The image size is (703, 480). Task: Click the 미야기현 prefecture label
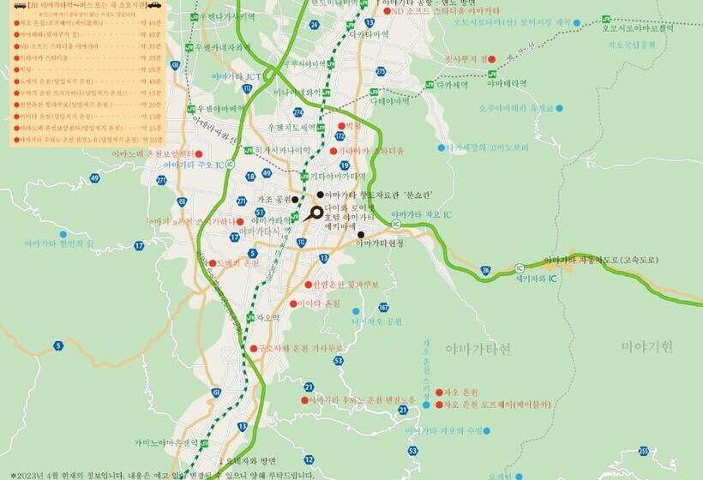tap(647, 346)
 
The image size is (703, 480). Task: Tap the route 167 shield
tap(383, 307)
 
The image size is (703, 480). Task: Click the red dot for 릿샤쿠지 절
tap(493, 59)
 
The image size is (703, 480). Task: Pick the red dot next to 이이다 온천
tap(293, 304)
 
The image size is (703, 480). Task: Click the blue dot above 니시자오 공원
tap(356, 311)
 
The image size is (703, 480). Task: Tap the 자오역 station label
tap(267, 317)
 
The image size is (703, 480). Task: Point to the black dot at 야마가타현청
tap(360, 234)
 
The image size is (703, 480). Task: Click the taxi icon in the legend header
tap(19, 5)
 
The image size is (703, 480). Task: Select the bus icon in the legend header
tap(156, 5)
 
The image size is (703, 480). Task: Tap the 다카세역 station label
tap(451, 85)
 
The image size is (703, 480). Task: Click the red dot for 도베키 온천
tap(213, 263)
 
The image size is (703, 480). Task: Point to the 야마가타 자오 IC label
tap(421, 214)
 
